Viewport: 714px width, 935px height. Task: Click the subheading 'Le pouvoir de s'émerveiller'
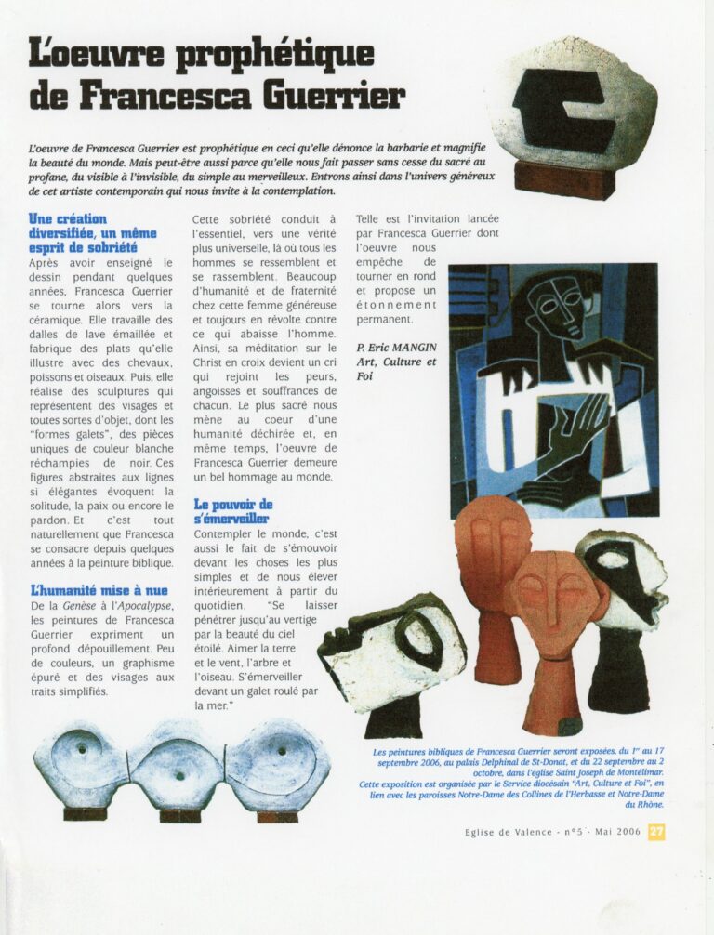coord(232,511)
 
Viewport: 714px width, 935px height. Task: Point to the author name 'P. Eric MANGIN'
coord(396,348)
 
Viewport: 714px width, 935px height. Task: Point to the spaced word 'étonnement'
coord(396,304)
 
